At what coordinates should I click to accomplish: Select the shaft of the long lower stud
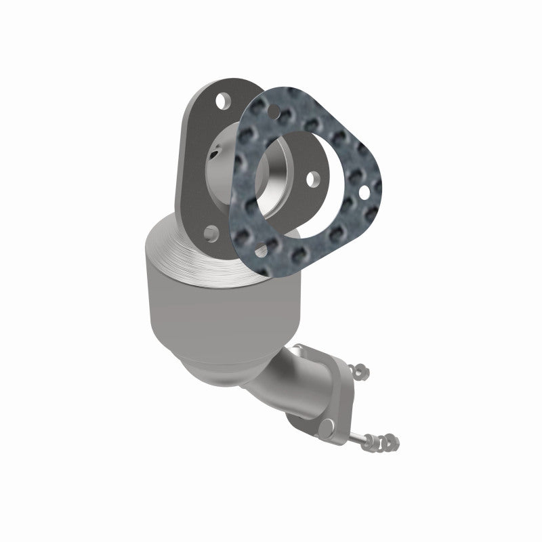[x=369, y=438]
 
